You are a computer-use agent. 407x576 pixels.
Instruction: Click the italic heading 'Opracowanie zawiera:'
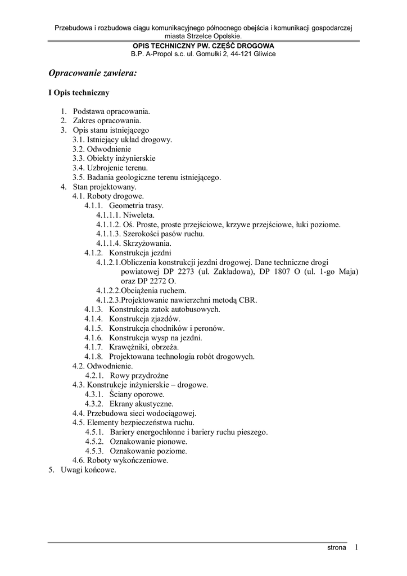tap(93, 73)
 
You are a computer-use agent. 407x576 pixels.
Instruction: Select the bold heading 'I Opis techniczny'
tap(79, 93)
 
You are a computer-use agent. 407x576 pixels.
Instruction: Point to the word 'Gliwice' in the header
tap(263, 54)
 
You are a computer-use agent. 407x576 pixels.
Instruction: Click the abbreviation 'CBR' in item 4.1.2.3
tap(247, 300)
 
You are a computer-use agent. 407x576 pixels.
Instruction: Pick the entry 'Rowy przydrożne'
tap(139, 375)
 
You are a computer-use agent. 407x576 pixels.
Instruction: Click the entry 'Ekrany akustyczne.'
tap(141, 404)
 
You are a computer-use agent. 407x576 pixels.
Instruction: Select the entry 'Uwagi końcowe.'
tap(88, 470)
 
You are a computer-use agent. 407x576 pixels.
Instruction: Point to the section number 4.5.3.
tap(94, 451)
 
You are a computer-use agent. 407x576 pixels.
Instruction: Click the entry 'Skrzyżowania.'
tap(147, 244)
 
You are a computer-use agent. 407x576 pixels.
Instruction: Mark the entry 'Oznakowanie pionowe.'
tap(148, 442)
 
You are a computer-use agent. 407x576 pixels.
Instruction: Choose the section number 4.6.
tap(78, 460)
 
